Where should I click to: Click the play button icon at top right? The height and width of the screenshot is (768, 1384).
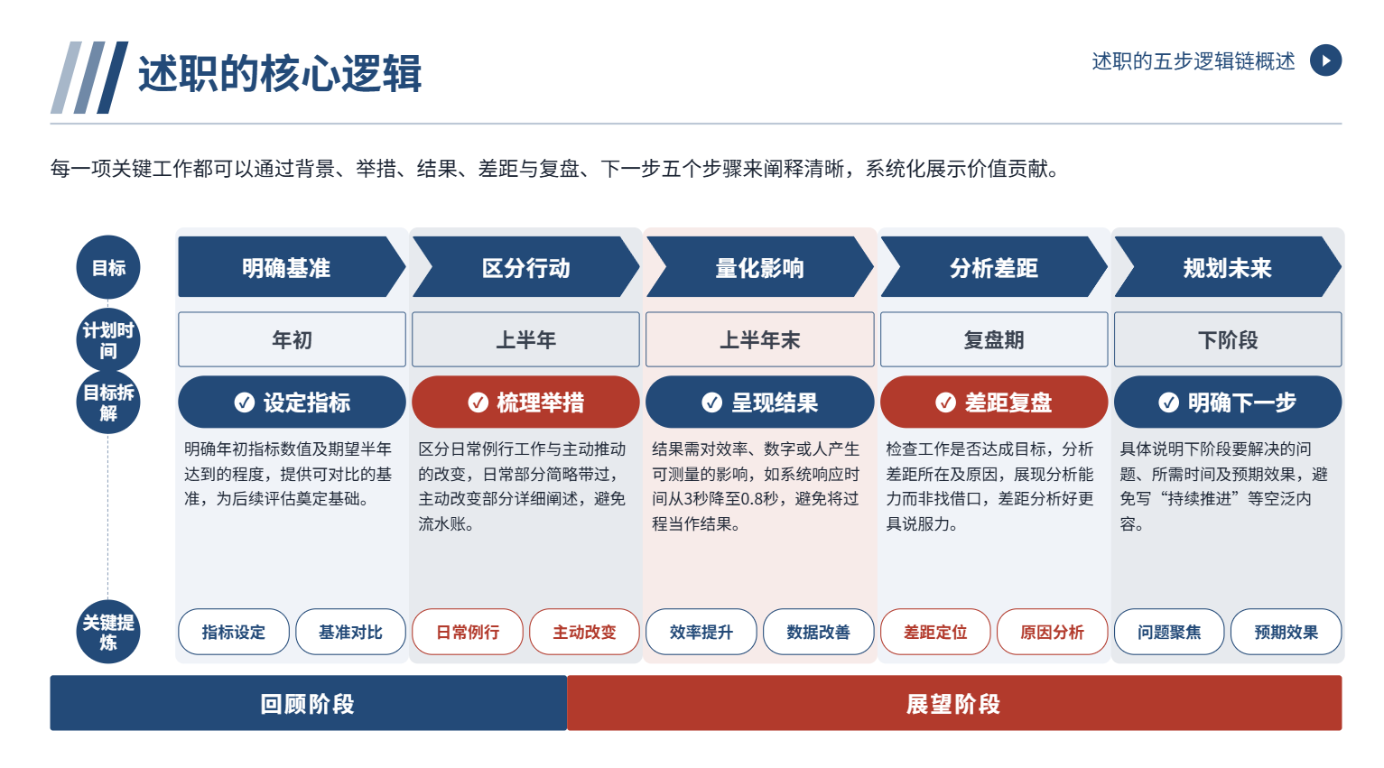click(x=1325, y=60)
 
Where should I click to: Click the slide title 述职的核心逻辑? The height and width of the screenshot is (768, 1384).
click(x=279, y=73)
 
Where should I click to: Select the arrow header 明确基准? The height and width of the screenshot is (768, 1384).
click(x=292, y=267)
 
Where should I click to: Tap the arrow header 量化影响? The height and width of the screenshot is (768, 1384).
click(x=759, y=267)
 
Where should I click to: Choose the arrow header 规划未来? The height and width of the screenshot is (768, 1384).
click(x=1228, y=267)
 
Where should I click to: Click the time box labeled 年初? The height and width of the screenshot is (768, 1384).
click(x=292, y=339)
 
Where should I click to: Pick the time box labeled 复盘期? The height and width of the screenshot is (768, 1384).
click(x=993, y=339)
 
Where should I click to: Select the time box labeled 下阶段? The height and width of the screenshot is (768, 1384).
click(x=1228, y=339)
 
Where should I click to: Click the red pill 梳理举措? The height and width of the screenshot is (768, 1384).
click(x=525, y=403)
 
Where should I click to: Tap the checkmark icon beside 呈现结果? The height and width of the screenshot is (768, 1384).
click(x=711, y=403)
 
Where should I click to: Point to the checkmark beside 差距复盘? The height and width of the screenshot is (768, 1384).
click(x=945, y=403)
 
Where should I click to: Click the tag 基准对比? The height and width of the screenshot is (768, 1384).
click(x=350, y=632)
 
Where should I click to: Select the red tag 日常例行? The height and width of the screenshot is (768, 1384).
click(x=468, y=632)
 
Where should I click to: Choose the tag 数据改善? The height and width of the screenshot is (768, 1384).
click(x=818, y=632)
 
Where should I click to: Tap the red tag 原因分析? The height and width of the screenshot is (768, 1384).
click(x=1052, y=632)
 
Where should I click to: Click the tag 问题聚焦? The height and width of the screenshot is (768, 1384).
click(x=1169, y=632)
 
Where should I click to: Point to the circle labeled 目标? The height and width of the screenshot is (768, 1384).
click(x=108, y=267)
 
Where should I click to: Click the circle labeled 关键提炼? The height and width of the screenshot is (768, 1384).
click(x=108, y=632)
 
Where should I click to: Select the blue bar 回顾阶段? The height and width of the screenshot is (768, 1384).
click(x=309, y=703)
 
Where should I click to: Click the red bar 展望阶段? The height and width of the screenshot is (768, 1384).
click(x=954, y=703)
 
